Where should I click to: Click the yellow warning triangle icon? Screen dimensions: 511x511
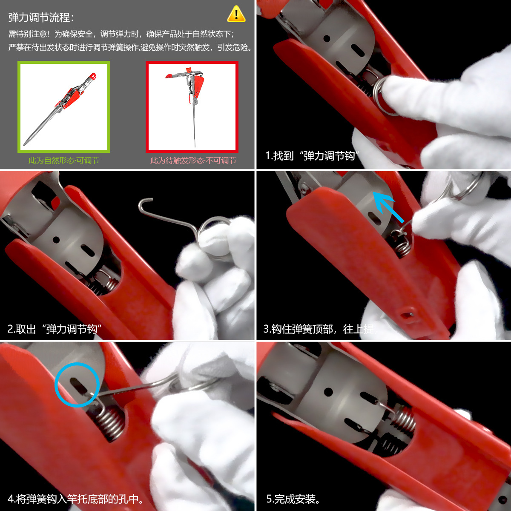coord(236,14)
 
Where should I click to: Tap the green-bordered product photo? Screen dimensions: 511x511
coord(64,106)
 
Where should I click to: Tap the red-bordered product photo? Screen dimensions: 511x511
coord(192,106)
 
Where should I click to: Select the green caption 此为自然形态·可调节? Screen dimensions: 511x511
coord(64,161)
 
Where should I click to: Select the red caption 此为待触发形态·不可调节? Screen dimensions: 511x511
coord(193,161)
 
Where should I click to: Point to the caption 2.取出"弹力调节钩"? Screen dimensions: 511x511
coord(55,329)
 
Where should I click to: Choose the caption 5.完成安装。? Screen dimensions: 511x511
coord(293,499)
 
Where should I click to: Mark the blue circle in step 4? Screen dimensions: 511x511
coord(77,385)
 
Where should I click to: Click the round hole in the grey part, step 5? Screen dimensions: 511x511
coord(328,391)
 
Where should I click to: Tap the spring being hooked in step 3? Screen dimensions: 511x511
coord(402,245)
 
